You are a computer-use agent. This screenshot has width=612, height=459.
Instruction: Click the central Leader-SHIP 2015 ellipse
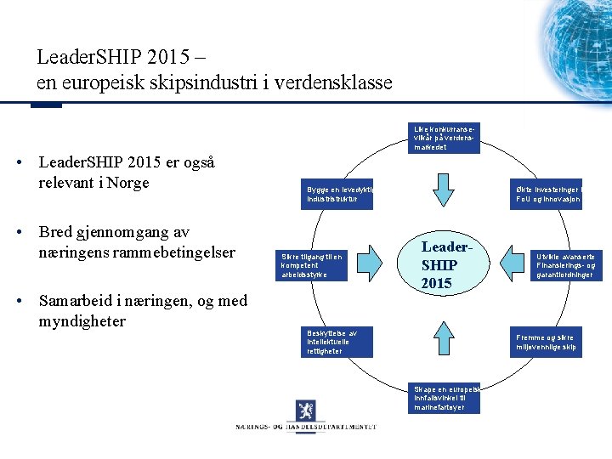point(445,264)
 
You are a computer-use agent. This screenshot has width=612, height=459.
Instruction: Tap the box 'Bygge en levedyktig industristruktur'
point(338,195)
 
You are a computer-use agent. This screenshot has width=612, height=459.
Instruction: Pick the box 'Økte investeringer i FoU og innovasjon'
point(547,195)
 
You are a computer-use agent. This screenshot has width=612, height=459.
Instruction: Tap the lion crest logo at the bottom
point(306,410)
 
